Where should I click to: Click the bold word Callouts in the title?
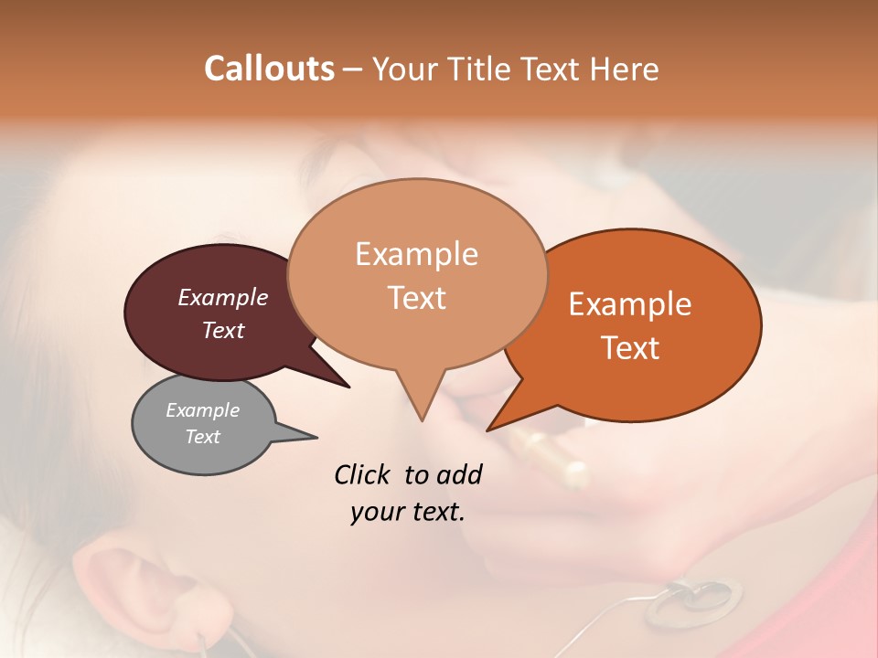(x=269, y=69)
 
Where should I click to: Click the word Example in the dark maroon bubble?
(x=223, y=297)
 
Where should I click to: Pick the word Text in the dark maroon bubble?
(x=223, y=330)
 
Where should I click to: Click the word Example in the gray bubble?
(x=203, y=410)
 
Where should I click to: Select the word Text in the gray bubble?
(x=203, y=437)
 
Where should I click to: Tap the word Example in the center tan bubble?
(x=416, y=254)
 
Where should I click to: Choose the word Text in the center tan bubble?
(x=416, y=298)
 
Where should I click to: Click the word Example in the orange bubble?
(x=630, y=304)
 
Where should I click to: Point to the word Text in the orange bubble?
(x=630, y=348)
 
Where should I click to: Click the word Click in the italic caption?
(x=362, y=474)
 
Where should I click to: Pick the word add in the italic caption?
(x=459, y=474)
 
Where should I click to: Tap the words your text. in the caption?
(x=408, y=512)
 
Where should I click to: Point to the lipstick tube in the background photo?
(x=549, y=457)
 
